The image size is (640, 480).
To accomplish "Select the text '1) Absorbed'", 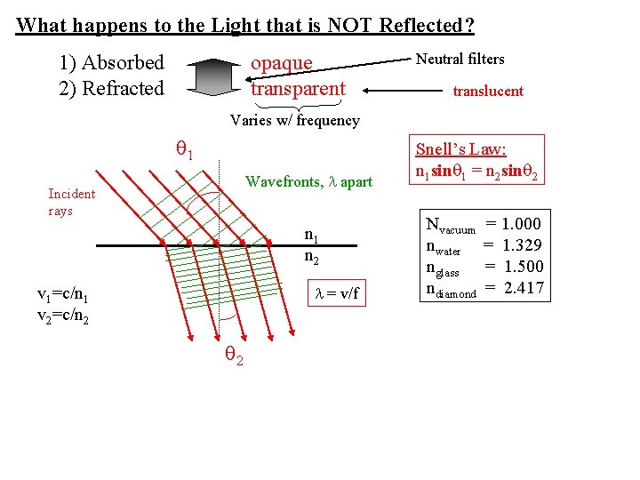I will [111, 63].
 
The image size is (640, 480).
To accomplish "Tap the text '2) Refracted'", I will [111, 89].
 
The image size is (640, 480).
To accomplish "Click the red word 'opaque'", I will [281, 63].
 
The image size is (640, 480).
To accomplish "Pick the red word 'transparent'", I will [297, 89].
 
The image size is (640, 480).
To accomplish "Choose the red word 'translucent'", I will [488, 91].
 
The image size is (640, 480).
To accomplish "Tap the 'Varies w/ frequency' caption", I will [294, 120].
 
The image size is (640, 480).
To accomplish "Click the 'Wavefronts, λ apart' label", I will [308, 182].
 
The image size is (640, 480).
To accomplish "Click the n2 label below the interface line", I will [312, 259].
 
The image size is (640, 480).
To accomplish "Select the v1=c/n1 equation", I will [61, 296].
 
